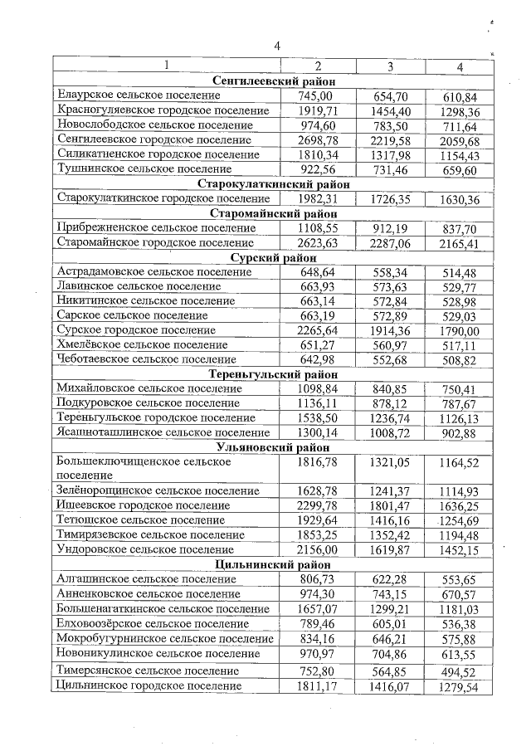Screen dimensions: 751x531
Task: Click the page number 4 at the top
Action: [x=277, y=46]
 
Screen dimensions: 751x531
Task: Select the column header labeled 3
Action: [x=389, y=66]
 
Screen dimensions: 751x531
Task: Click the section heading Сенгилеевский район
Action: [x=274, y=81]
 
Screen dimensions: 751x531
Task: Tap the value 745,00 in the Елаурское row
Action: [x=318, y=96]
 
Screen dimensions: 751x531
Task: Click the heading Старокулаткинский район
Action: [x=274, y=183]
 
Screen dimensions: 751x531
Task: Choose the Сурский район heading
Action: [x=274, y=257]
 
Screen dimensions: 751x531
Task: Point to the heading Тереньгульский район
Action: [x=274, y=374]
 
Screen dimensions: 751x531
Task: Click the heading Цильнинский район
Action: [x=274, y=564]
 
